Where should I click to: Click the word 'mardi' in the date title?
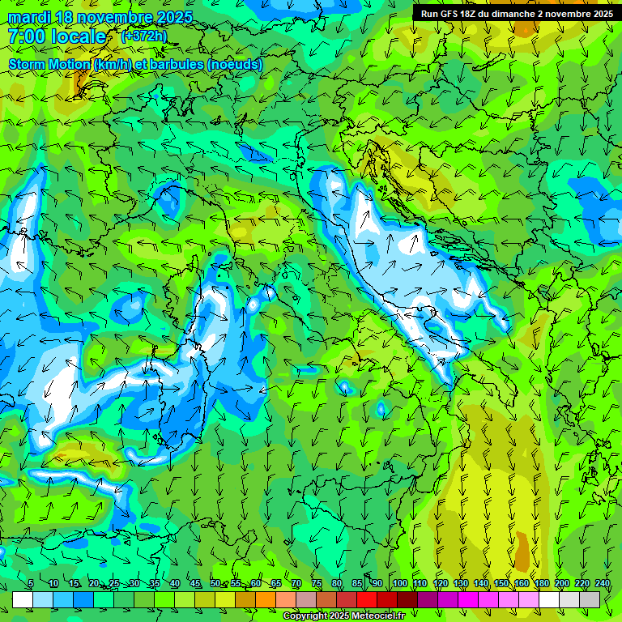click(x=28, y=17)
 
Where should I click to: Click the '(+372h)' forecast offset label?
click(x=143, y=36)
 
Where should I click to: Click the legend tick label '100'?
click(x=400, y=584)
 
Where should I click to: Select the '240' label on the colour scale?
click(x=603, y=584)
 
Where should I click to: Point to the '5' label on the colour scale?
click(x=31, y=584)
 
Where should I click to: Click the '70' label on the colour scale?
click(x=296, y=584)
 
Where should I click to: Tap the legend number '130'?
click(x=461, y=584)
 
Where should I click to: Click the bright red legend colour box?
click(x=367, y=599)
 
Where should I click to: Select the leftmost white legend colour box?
click(x=23, y=599)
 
